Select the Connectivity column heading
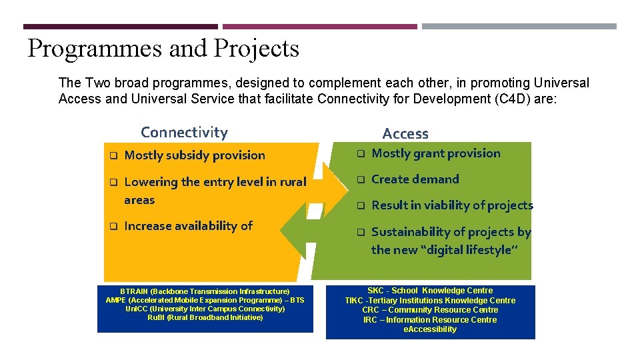click(184, 133)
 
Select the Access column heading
click(405, 134)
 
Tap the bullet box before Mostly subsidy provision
click(113, 156)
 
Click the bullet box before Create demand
click(360, 180)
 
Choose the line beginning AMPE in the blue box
click(205, 300)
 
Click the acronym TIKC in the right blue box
click(355, 301)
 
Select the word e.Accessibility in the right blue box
click(430, 329)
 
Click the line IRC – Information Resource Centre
click(430, 320)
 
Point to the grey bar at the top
click(519, 27)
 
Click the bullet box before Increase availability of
click(113, 227)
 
